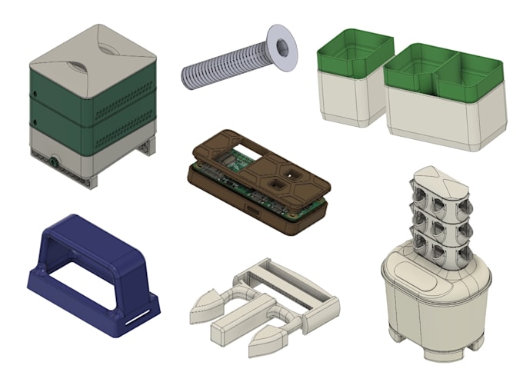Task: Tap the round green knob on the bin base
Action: pyautogui.click(x=53, y=162)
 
